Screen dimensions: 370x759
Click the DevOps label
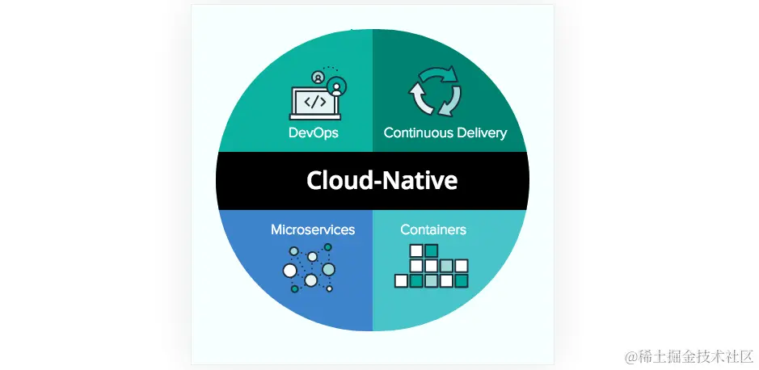(313, 132)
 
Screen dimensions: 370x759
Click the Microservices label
(313, 229)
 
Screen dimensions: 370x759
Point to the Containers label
(433, 229)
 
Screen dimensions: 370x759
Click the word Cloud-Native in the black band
(382, 180)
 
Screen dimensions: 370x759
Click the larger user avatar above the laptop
(335, 85)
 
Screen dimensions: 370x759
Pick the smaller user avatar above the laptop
(318, 77)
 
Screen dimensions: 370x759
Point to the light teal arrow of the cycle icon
(450, 101)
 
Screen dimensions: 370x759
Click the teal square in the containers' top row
(432, 250)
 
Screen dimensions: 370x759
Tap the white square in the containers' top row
(416, 250)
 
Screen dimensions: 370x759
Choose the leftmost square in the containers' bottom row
(401, 281)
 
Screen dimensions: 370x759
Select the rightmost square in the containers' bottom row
(462, 281)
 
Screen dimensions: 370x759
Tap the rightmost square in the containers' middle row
(462, 266)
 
